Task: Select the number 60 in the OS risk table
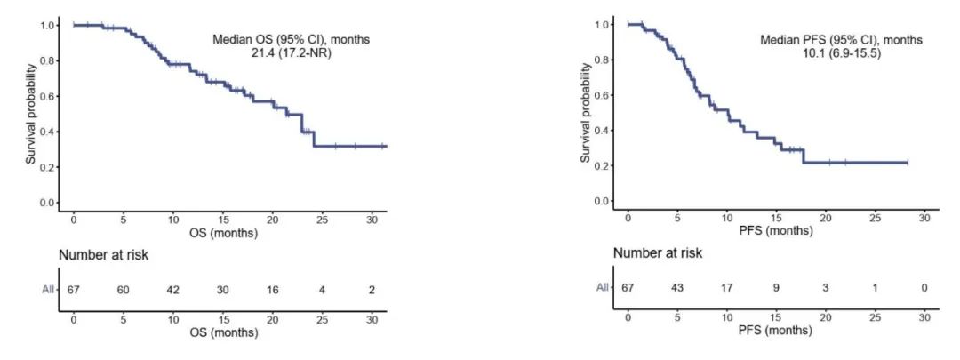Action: click(x=123, y=289)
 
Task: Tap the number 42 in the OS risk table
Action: click(x=172, y=289)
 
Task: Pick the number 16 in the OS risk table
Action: click(x=272, y=289)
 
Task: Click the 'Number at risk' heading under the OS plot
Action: click(x=103, y=255)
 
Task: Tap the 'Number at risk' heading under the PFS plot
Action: click(x=658, y=253)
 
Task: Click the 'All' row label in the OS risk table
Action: click(x=46, y=289)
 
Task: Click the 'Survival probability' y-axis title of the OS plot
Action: click(x=30, y=113)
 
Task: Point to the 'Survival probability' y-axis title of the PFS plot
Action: click(x=586, y=113)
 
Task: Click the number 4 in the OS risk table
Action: click(x=322, y=289)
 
